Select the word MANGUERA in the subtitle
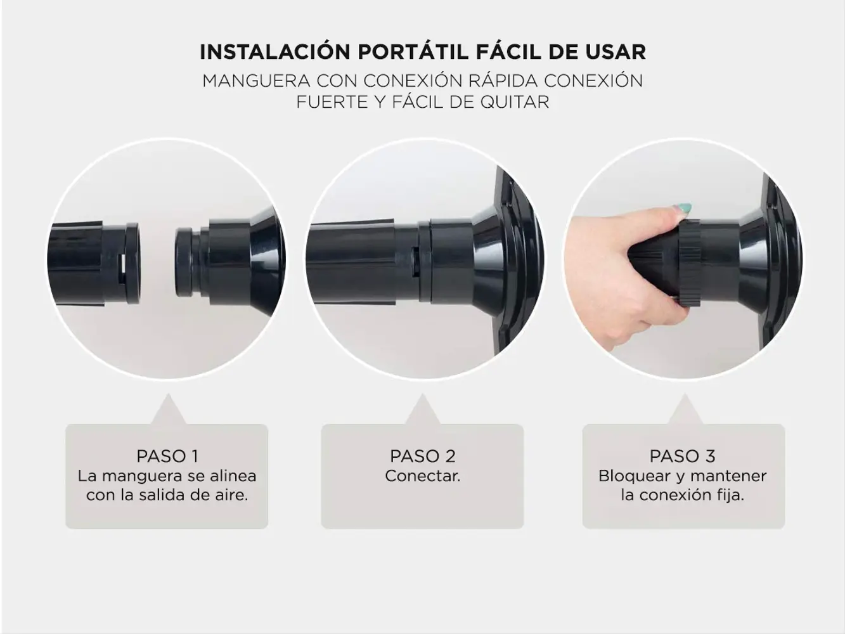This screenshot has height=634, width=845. click(x=256, y=81)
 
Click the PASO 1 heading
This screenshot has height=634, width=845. click(x=167, y=456)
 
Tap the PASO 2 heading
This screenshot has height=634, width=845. click(x=422, y=456)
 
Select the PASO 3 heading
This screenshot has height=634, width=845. click(x=682, y=456)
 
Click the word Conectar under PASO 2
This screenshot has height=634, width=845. click(x=422, y=476)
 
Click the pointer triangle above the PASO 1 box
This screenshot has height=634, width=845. click(x=168, y=409)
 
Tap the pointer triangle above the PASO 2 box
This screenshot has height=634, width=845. click(x=422, y=409)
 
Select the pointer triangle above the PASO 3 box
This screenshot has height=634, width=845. click(x=685, y=409)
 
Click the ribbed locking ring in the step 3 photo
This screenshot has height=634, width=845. click(x=690, y=264)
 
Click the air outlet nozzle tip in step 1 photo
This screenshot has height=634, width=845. click(x=184, y=262)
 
